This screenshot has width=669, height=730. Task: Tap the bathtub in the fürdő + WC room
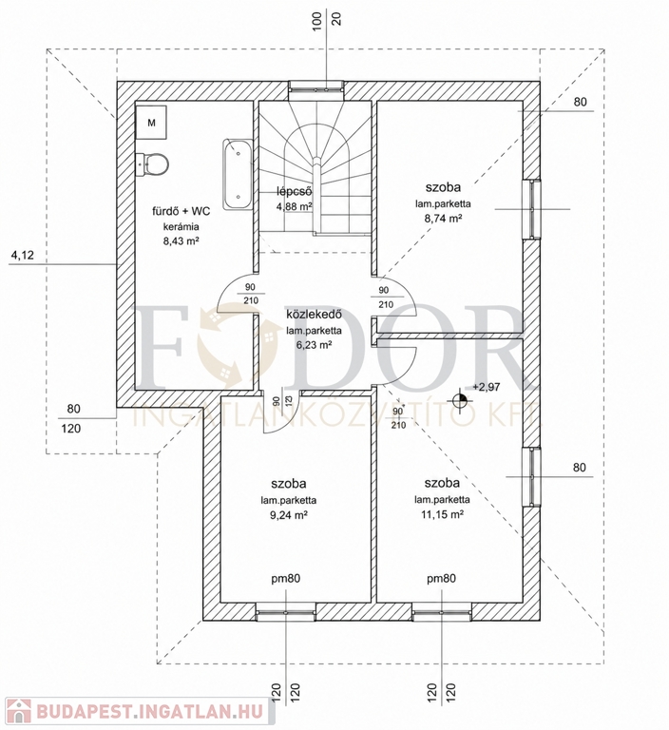tap(238, 174)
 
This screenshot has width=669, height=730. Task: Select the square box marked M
tap(151, 122)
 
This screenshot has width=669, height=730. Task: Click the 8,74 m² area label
tap(443, 219)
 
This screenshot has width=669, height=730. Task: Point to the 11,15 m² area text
tap(443, 514)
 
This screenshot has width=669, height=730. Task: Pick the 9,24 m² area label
tap(289, 514)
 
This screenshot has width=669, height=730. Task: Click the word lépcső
tap(294, 191)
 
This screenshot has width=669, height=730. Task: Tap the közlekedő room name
tap(314, 315)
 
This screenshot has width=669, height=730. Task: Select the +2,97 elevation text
tap(486, 387)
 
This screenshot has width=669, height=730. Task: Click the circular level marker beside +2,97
tap(460, 399)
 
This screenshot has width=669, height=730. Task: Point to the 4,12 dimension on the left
tap(23, 255)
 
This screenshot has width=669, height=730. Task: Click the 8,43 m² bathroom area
tap(182, 241)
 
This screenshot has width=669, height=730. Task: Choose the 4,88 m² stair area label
tap(294, 205)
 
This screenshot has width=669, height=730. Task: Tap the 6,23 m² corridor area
tap(314, 345)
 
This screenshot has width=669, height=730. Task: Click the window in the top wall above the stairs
tap(315, 90)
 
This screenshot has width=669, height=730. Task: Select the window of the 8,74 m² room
tap(531, 209)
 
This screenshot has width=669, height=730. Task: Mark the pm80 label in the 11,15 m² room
tap(441, 579)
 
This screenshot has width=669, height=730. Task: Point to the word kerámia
tap(182, 227)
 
